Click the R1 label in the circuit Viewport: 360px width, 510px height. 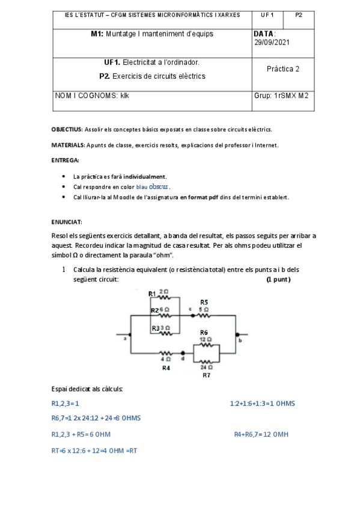[153, 293]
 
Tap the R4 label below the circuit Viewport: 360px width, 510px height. [166, 368]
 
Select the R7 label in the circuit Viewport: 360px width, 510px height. [206, 375]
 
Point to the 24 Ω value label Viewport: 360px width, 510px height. [206, 366]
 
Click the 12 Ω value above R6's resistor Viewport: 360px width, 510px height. [206, 339]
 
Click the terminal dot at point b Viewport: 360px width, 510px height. [237, 334]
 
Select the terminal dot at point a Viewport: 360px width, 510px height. [129, 334]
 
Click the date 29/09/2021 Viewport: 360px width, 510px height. [272, 43]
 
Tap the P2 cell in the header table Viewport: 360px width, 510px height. [299, 14]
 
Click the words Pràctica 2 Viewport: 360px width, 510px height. [283, 69]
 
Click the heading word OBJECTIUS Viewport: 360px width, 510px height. [66, 129]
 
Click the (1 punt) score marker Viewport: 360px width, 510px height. [278, 280]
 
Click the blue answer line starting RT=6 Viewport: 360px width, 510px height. [94, 450]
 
